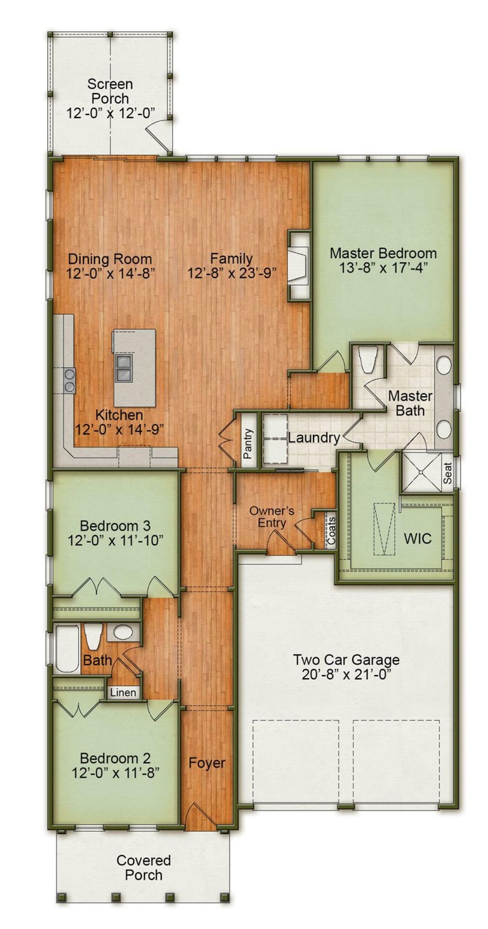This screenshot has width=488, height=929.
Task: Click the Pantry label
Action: [248, 443]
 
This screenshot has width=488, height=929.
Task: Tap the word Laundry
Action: [313, 438]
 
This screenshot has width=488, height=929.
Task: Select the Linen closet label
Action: [123, 692]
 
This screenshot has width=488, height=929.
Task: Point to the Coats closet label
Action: [332, 531]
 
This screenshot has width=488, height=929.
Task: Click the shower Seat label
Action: [448, 473]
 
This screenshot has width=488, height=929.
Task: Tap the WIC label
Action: [417, 539]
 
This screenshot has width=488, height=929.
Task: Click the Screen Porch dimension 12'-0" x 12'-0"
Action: [111, 113]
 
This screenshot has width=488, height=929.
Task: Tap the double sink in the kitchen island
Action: [124, 368]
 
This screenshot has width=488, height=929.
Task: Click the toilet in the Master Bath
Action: [368, 360]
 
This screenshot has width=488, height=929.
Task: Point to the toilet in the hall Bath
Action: [93, 636]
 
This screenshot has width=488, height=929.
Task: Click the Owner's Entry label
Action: [271, 517]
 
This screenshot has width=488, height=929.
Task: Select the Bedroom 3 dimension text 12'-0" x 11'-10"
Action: [116, 541]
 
